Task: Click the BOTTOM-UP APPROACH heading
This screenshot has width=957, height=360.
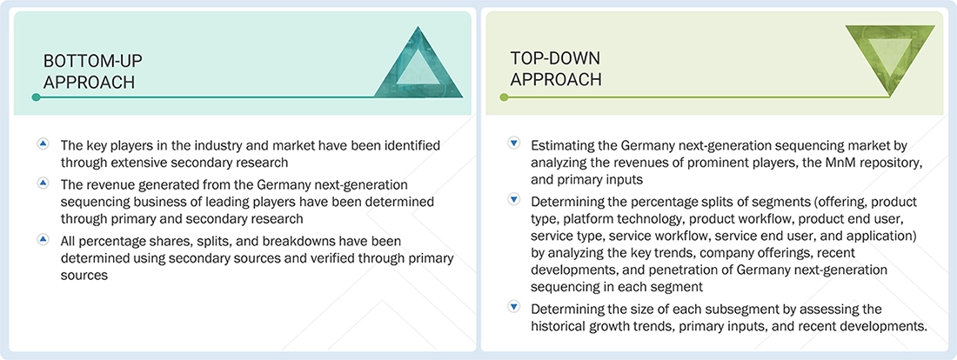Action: pos(93,71)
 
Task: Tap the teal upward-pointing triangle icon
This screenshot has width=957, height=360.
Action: pos(418,62)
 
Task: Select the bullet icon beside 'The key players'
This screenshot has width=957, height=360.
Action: pos(43,143)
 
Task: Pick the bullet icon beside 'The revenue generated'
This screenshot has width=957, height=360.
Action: pos(43,183)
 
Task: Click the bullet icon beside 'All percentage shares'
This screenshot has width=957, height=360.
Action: pos(43,237)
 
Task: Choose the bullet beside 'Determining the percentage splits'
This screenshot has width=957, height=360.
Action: pos(513,200)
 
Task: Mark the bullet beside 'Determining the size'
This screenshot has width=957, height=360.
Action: pos(513,308)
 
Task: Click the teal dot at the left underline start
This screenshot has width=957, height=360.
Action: pos(36,97)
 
